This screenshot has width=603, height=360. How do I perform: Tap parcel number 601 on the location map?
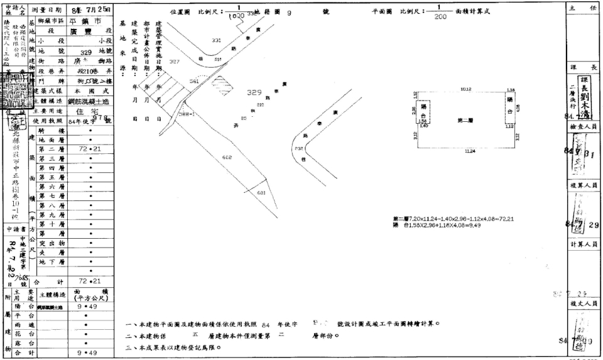pyautogui.click(x=263, y=193)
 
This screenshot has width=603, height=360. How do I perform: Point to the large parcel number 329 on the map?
pyautogui.click(x=254, y=92)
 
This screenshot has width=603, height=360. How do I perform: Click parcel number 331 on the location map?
pyautogui.click(x=217, y=40)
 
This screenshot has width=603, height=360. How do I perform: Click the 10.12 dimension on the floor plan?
pyautogui.click(x=465, y=89)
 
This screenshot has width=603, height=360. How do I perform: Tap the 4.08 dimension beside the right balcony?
pyautogui.click(x=518, y=108)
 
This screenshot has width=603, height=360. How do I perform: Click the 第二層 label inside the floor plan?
pyautogui.click(x=465, y=119)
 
